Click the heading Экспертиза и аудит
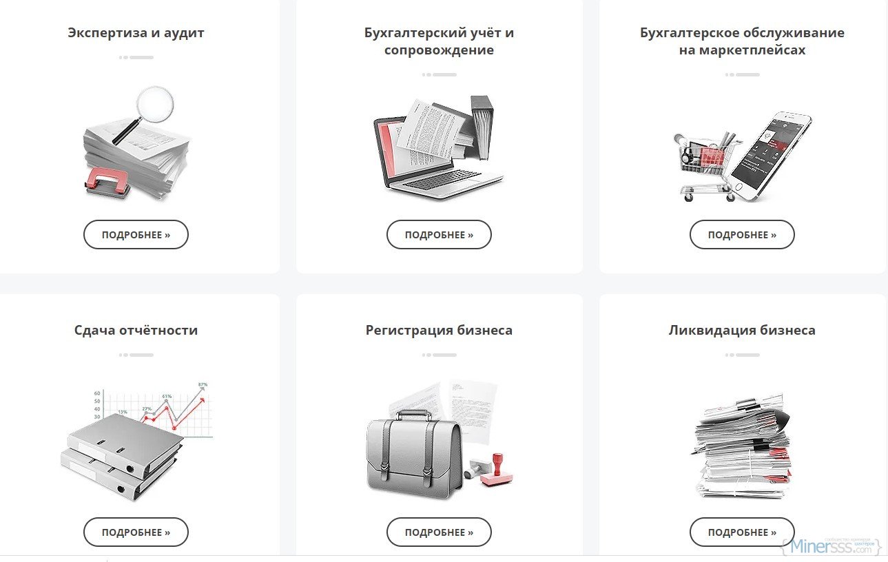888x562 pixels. (136, 33)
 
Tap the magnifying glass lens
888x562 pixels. (155, 105)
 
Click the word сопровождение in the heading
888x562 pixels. (439, 50)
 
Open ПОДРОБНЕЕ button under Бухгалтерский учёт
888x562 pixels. (439, 235)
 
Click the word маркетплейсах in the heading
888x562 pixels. (742, 50)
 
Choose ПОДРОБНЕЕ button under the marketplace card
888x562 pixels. (742, 235)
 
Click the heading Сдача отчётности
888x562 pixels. (136, 330)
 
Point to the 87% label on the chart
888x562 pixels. (203, 384)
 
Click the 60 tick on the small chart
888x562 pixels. (97, 393)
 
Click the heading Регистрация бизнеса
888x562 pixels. (439, 330)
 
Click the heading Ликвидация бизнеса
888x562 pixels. (742, 330)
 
